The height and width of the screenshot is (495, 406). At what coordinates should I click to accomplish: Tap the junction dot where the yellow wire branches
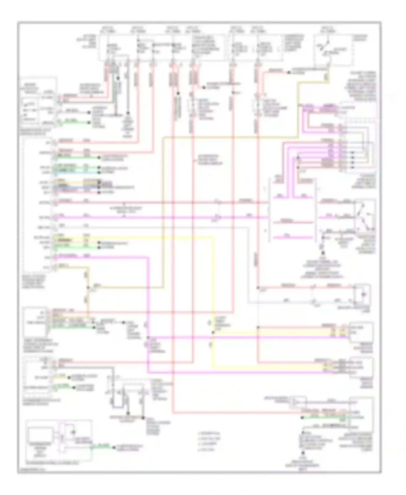[x=213, y=332]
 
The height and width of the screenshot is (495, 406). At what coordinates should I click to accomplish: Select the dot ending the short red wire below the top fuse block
[x=203, y=87]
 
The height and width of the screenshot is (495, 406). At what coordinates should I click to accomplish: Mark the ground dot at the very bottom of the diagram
[x=303, y=452]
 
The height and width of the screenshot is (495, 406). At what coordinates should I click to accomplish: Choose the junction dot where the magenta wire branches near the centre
[x=148, y=337]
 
